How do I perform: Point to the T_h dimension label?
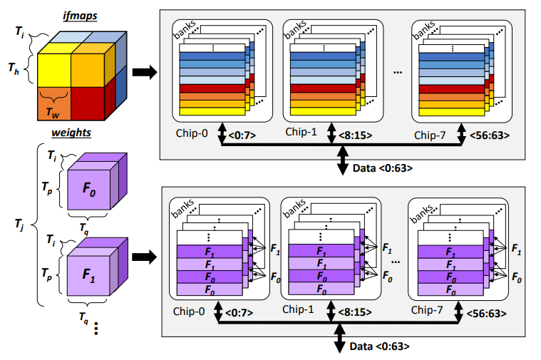coord(14,69)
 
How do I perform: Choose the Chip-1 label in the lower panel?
coord(299,309)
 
